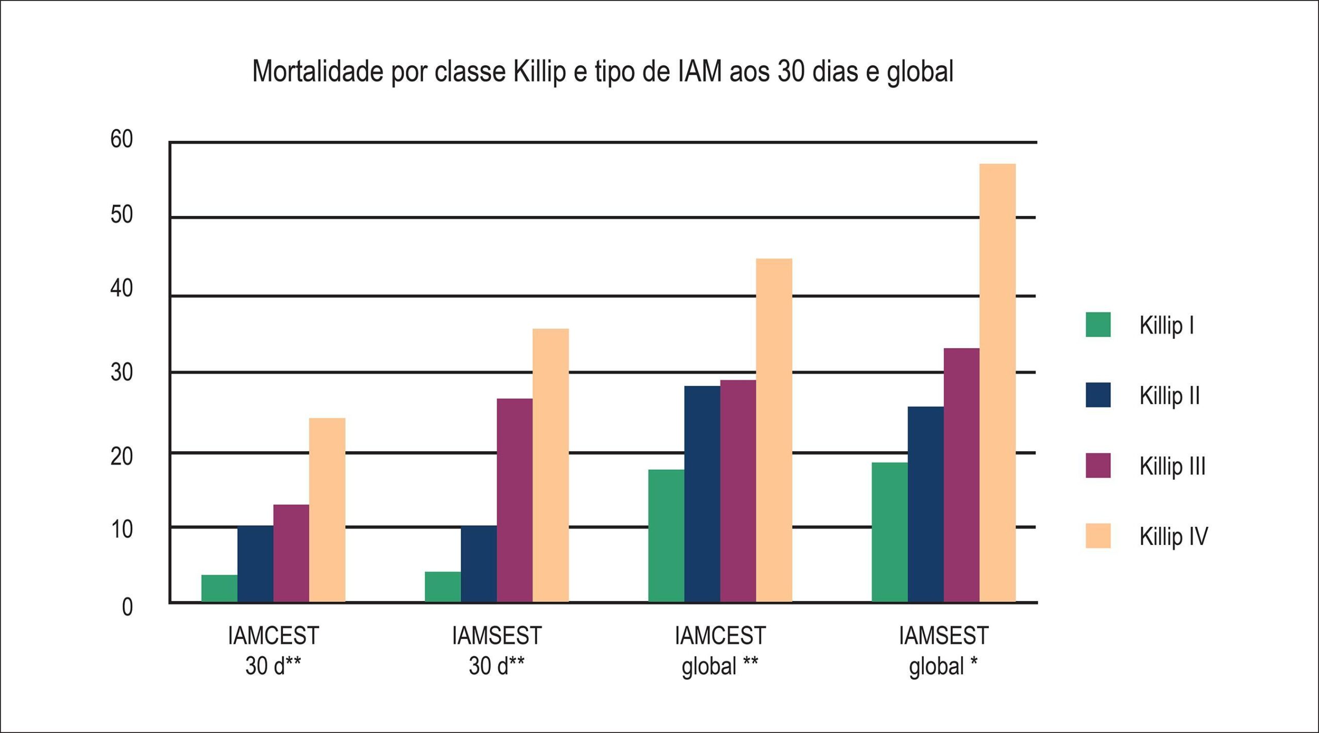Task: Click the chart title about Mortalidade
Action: point(603,71)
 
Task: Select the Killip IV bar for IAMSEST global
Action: point(997,383)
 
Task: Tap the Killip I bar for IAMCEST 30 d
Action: point(219,588)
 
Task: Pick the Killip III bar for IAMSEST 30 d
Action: point(515,500)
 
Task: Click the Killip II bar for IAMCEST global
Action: point(702,494)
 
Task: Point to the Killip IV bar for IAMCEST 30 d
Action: point(327,510)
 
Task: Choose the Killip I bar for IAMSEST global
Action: point(890,532)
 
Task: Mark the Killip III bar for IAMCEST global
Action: point(738,491)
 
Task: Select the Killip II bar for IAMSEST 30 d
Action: point(479,564)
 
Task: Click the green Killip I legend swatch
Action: point(1098,325)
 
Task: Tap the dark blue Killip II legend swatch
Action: point(1098,395)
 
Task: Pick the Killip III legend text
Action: point(1172,466)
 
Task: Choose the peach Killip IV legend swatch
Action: point(1098,536)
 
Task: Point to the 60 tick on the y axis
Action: point(122,139)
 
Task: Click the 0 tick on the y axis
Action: point(127,607)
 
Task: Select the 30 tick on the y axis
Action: point(122,372)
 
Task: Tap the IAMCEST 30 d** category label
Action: point(274,651)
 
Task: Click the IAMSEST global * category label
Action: point(944,651)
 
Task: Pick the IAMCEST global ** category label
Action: point(720,651)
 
